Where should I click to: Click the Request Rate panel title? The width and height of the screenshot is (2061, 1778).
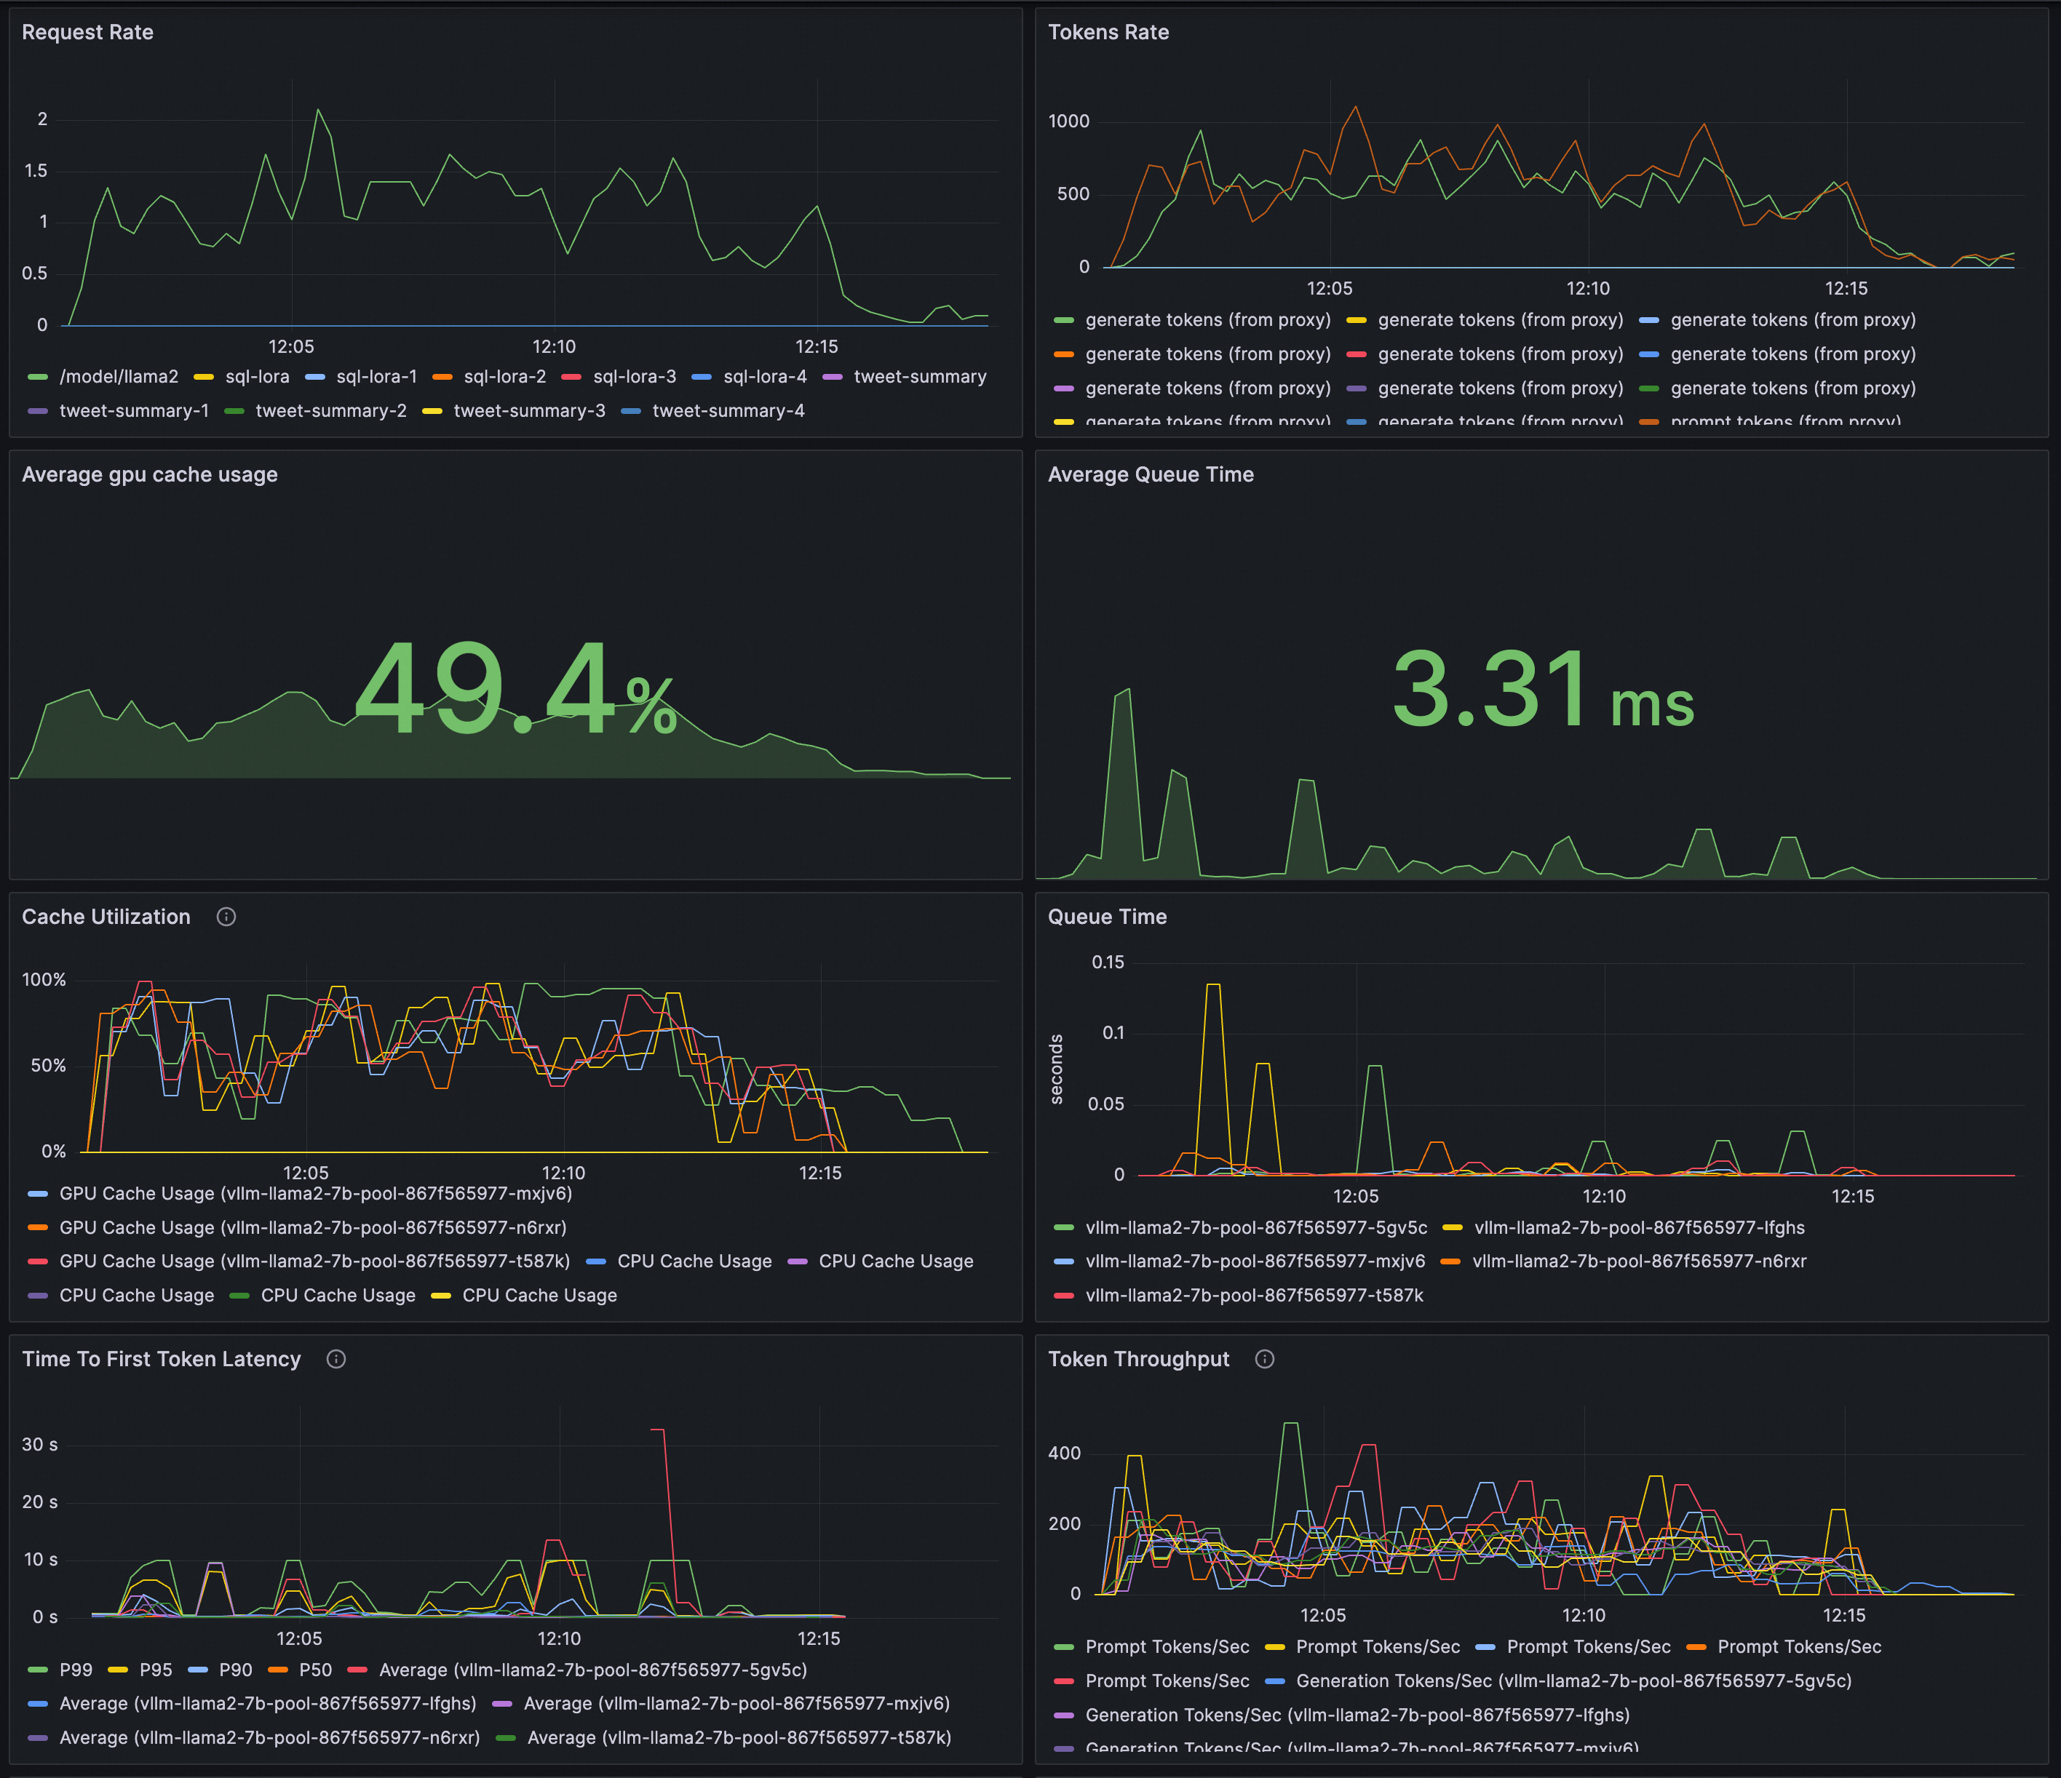87,33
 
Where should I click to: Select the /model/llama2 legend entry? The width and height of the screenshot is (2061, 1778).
117,377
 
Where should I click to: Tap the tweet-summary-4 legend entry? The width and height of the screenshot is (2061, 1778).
727,411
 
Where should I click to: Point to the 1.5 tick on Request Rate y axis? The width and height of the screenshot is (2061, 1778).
36,171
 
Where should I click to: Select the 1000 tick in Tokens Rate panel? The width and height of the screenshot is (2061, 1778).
1068,121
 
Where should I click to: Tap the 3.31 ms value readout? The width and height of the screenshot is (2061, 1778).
1542,690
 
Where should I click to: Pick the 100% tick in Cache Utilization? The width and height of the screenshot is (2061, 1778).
44,979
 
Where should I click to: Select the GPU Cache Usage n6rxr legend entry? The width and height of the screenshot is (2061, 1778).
312,1227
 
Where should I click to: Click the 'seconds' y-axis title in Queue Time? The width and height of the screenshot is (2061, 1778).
1057,1069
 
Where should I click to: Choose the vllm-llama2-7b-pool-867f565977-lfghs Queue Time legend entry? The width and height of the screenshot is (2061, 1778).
1638,1227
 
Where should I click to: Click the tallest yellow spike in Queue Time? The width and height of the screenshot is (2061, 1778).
1212,986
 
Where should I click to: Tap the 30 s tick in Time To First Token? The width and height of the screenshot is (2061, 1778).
40,1444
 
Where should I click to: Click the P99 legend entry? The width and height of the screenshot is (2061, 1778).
76,1670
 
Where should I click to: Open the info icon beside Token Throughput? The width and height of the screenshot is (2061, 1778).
1264,1360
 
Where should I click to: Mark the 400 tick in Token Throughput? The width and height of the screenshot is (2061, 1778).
1063,1453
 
